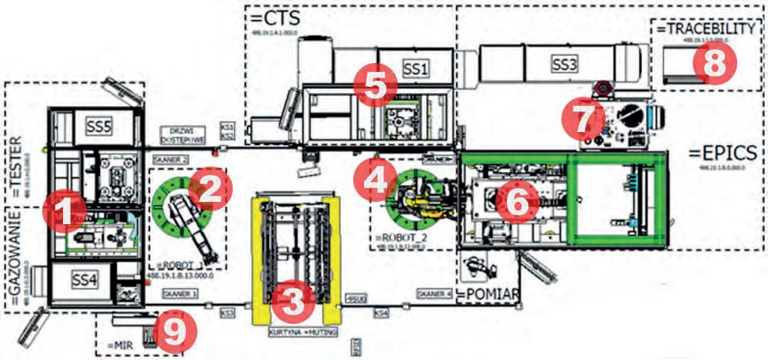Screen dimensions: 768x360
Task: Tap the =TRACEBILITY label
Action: coord(707,28)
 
